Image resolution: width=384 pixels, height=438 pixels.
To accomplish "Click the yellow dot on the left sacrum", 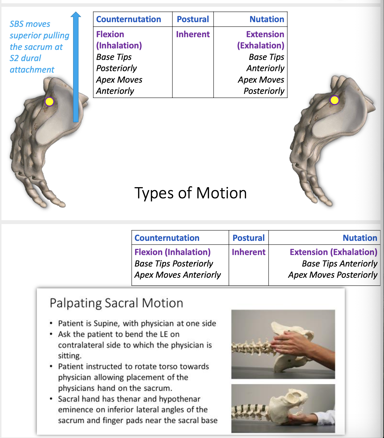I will (x=49, y=102).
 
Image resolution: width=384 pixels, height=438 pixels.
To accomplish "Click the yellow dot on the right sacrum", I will (x=334, y=100).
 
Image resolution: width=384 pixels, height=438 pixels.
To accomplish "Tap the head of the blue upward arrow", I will (x=76, y=15).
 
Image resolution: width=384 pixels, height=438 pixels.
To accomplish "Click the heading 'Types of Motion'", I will (x=191, y=193).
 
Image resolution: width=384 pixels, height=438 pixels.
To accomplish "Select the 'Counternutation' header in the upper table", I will (x=129, y=19).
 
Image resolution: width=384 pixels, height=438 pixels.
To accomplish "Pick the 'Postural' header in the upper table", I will (x=193, y=19).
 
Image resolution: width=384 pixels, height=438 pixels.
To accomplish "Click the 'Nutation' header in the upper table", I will (x=267, y=19).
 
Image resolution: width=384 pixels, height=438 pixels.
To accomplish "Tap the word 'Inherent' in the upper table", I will (x=193, y=35).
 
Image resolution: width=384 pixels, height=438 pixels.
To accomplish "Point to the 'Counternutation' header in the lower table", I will (x=167, y=238).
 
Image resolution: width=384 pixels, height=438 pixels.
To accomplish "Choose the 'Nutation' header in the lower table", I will (x=360, y=238).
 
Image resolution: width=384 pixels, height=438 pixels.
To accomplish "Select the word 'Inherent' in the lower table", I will (x=248, y=252).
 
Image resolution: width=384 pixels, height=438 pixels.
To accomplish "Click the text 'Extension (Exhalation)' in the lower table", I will (x=333, y=252).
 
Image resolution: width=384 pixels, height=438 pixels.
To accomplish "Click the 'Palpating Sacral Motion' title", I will (x=116, y=303).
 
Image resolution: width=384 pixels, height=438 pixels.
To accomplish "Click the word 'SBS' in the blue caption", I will (x=17, y=24).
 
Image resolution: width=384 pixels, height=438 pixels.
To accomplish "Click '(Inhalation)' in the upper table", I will (x=119, y=45).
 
